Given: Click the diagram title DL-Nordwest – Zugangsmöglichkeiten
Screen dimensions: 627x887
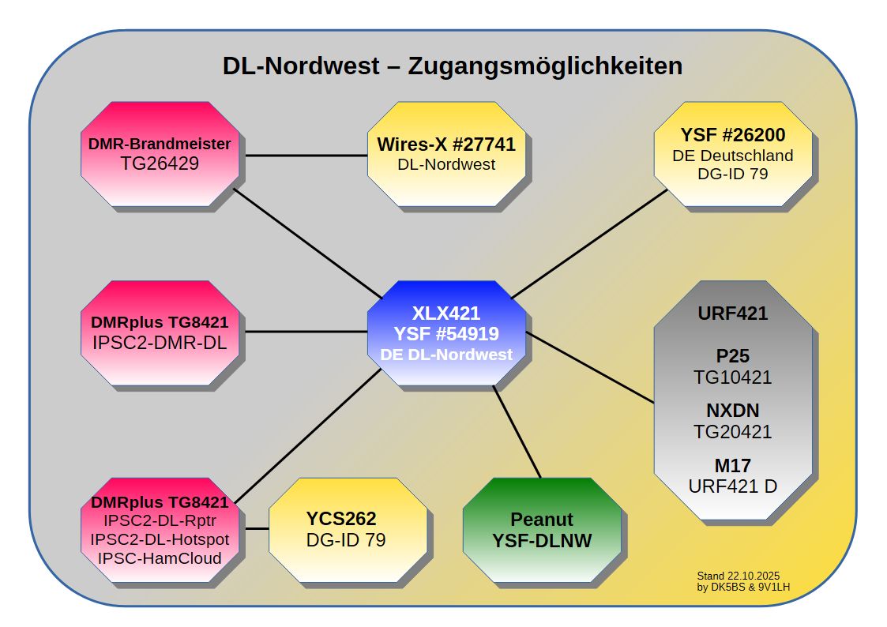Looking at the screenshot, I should point(452,66).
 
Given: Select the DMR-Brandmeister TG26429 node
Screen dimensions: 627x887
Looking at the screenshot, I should point(160,153).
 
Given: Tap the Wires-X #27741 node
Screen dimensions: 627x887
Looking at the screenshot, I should point(446,153).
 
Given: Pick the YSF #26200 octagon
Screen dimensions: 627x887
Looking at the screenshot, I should point(732,153).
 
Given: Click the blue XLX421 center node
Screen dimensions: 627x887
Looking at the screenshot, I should point(446,332).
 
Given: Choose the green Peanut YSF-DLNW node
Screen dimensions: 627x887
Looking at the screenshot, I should point(541,529).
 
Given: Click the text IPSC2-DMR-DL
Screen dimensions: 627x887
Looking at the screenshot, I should point(160,344).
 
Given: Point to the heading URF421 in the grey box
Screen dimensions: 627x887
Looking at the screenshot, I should point(732,313).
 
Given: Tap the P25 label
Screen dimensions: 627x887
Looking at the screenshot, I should point(732,356).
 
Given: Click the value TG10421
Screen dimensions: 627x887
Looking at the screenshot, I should point(732,377).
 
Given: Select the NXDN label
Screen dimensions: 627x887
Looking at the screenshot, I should point(732,411).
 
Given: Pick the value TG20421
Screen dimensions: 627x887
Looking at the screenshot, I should point(732,432).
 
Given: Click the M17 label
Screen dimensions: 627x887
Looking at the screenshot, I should point(732,466).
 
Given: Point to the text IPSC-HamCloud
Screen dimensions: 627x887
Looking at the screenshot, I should point(160,558).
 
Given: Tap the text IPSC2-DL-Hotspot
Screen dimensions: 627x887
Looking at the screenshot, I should point(160,539).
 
